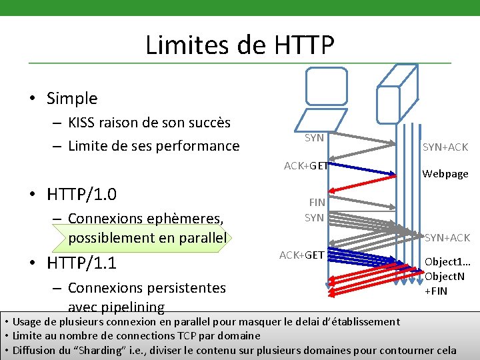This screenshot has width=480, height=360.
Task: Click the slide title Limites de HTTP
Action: coord(239,45)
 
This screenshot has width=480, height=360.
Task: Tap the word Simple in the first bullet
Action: coord(72,99)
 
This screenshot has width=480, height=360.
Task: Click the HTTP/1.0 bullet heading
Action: coord(81,195)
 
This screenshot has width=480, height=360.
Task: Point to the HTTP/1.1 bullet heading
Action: coord(81,263)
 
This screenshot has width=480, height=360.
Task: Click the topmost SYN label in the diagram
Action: coord(314,138)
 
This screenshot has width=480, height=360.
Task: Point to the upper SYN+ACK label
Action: coord(445,147)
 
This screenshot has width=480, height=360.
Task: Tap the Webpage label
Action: coord(445,174)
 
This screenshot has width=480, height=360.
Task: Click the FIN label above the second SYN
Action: coord(317,202)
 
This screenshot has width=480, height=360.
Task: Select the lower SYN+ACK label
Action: coord(447,237)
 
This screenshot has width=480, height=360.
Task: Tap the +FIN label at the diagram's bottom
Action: coord(436,291)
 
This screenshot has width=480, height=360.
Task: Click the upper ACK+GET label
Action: coord(305,166)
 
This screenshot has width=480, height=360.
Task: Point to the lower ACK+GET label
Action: coord(301,255)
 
